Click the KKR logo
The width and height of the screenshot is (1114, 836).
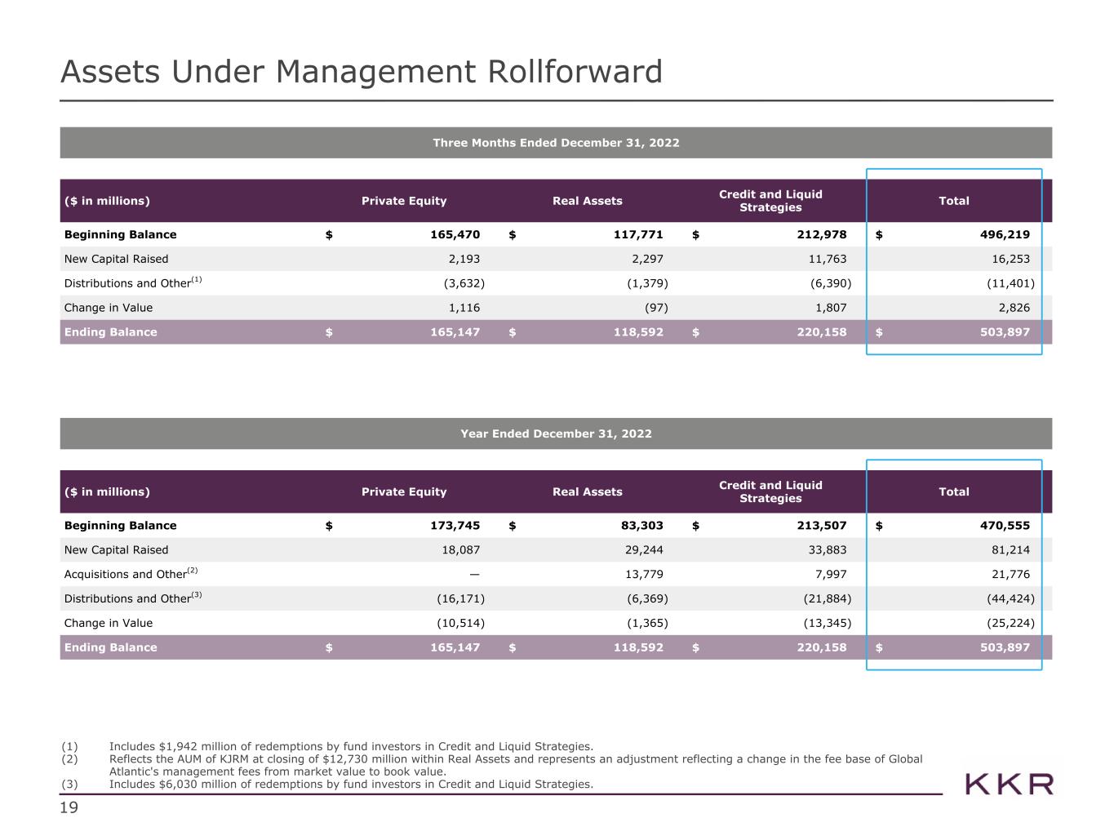tap(1010, 785)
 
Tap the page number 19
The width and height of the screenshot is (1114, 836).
tap(69, 808)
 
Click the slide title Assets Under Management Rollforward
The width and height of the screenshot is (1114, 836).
tap(361, 72)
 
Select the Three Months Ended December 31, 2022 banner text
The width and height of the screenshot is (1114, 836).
tap(556, 143)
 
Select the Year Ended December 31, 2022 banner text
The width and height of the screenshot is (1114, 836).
tap(556, 434)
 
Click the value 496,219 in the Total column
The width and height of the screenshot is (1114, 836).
tap(1004, 234)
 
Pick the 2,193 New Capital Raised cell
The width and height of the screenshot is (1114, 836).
tap(464, 259)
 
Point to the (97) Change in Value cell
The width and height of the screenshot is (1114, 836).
tap(656, 308)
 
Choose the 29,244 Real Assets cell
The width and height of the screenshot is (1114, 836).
tap(644, 550)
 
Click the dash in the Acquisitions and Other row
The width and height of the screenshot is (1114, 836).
tap(474, 575)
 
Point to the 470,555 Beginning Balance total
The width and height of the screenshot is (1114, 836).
tap(1004, 526)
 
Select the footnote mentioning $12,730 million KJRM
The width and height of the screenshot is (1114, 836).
tap(516, 765)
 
